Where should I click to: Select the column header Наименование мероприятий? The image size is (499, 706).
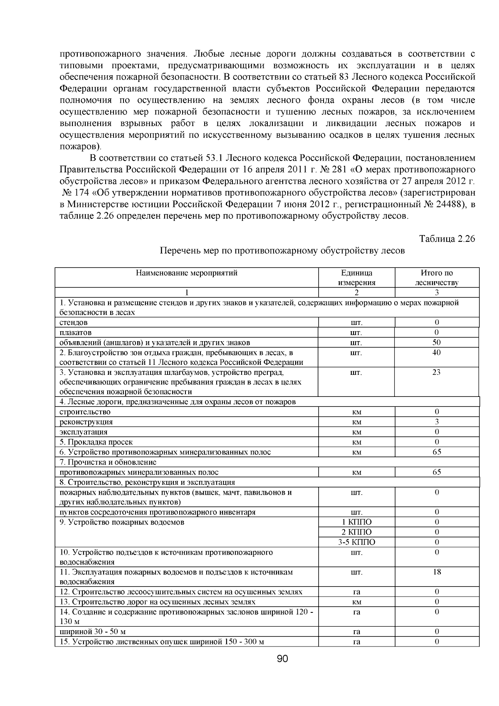(187, 273)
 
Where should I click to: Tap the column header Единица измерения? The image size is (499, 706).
(356, 277)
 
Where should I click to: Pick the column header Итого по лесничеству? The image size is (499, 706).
(437, 277)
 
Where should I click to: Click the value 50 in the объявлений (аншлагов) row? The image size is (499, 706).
(437, 342)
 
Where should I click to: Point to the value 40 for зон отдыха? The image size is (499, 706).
(437, 352)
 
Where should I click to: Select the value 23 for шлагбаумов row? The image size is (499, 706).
(437, 372)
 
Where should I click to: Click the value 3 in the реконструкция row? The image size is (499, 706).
(437, 422)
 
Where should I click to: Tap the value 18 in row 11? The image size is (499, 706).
(437, 572)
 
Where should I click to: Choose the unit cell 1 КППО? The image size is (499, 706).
(356, 522)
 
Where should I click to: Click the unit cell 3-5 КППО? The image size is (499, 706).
(356, 542)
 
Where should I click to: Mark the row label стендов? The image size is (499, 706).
(74, 322)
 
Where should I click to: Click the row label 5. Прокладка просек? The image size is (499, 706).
(96, 442)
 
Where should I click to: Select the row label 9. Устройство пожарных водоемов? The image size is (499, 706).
(122, 522)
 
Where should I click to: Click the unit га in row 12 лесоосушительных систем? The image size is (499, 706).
(356, 592)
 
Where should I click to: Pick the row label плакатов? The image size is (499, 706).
(76, 332)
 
